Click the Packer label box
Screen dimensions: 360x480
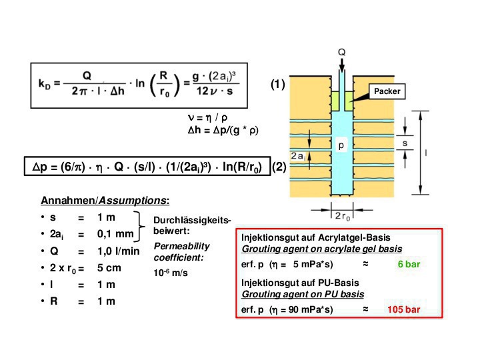pos(387,91)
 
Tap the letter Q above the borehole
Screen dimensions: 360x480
pos(341,50)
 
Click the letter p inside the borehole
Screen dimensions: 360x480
pos(340,145)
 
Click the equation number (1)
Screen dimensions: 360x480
pos(277,85)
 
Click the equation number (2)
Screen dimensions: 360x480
pos(279,168)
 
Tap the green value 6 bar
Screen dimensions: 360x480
pos(409,264)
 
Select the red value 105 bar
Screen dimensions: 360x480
pos(403,310)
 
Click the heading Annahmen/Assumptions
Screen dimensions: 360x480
pos(105,200)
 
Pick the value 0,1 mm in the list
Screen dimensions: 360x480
pos(115,234)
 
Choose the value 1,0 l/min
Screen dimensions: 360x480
pos(119,251)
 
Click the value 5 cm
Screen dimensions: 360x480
pos(108,268)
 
